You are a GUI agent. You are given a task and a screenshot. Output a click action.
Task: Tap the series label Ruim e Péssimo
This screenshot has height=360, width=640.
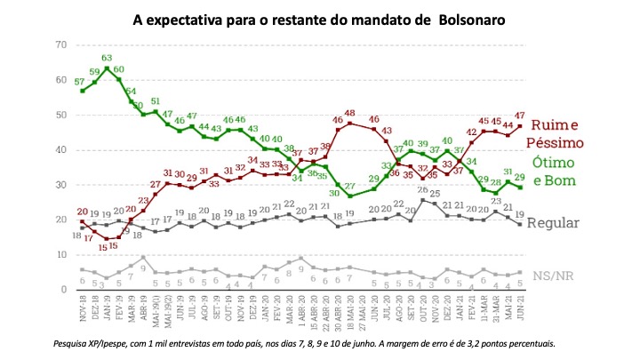coord(578,134)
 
